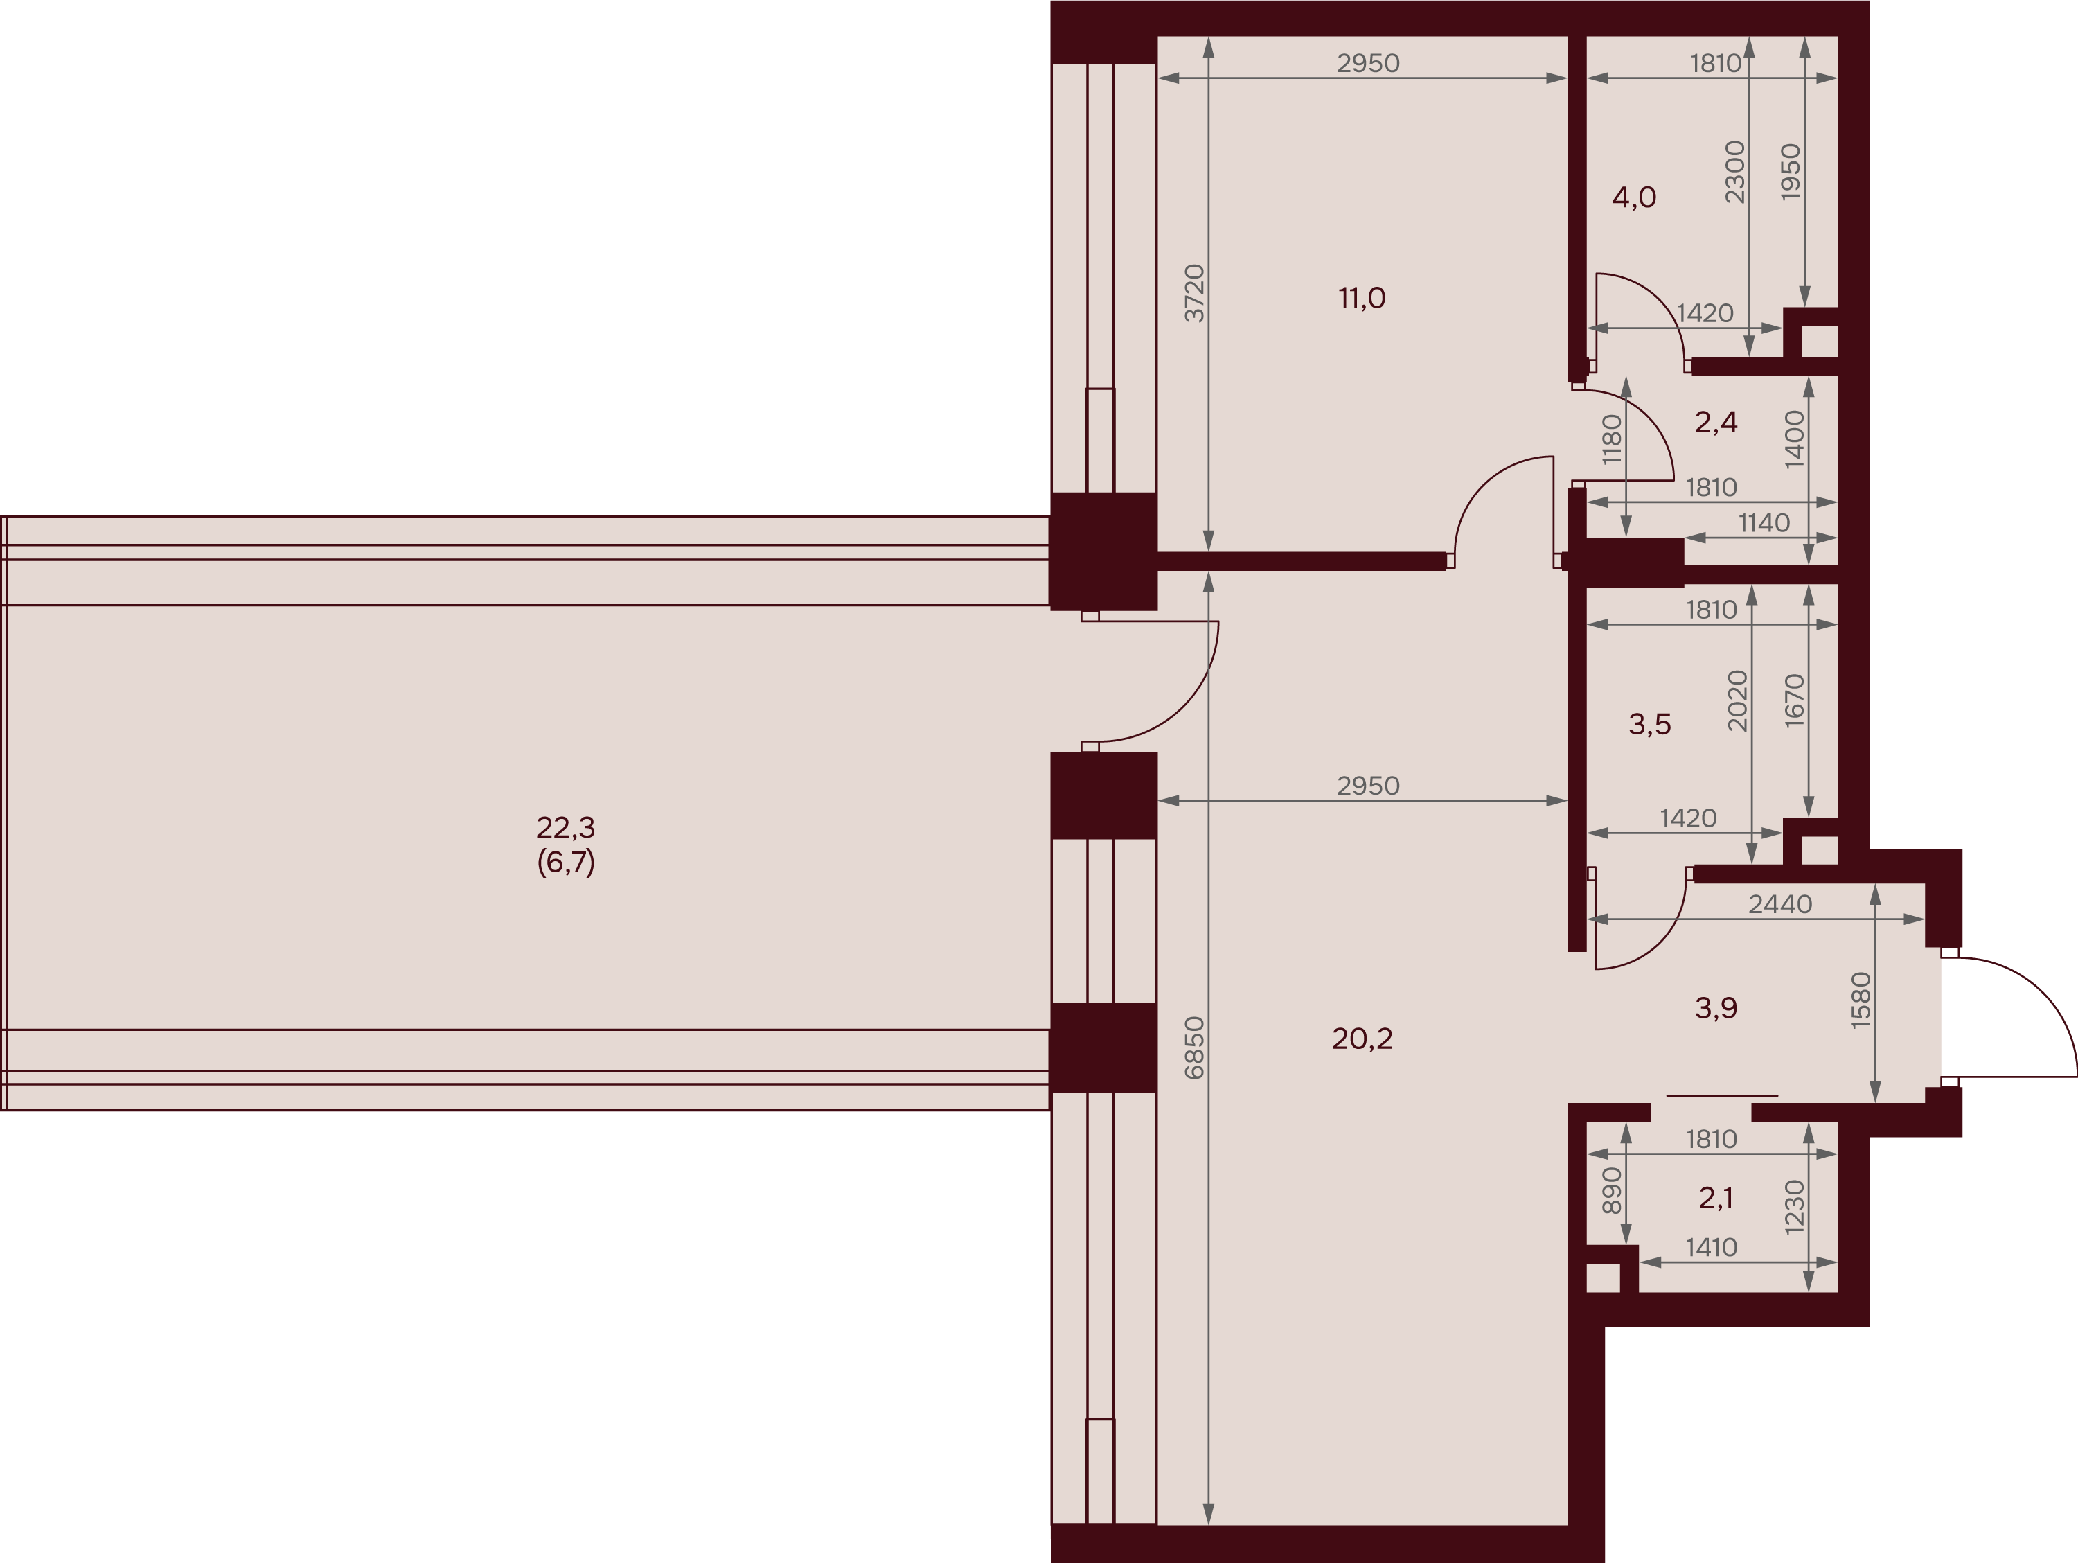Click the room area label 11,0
click(x=1362, y=298)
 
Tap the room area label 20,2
click(x=1362, y=1039)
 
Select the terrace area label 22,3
click(x=565, y=827)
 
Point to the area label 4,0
click(x=1633, y=197)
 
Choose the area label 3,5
click(x=1650, y=724)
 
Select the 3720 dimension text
click(x=1194, y=293)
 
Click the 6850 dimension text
click(x=1194, y=1048)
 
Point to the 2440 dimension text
click(x=1780, y=904)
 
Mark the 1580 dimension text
click(x=1861, y=1000)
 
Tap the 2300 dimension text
click(x=1735, y=172)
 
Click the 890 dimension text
click(x=1612, y=1191)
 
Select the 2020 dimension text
click(x=1738, y=701)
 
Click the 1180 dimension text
click(x=1612, y=440)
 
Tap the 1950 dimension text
click(x=1791, y=172)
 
